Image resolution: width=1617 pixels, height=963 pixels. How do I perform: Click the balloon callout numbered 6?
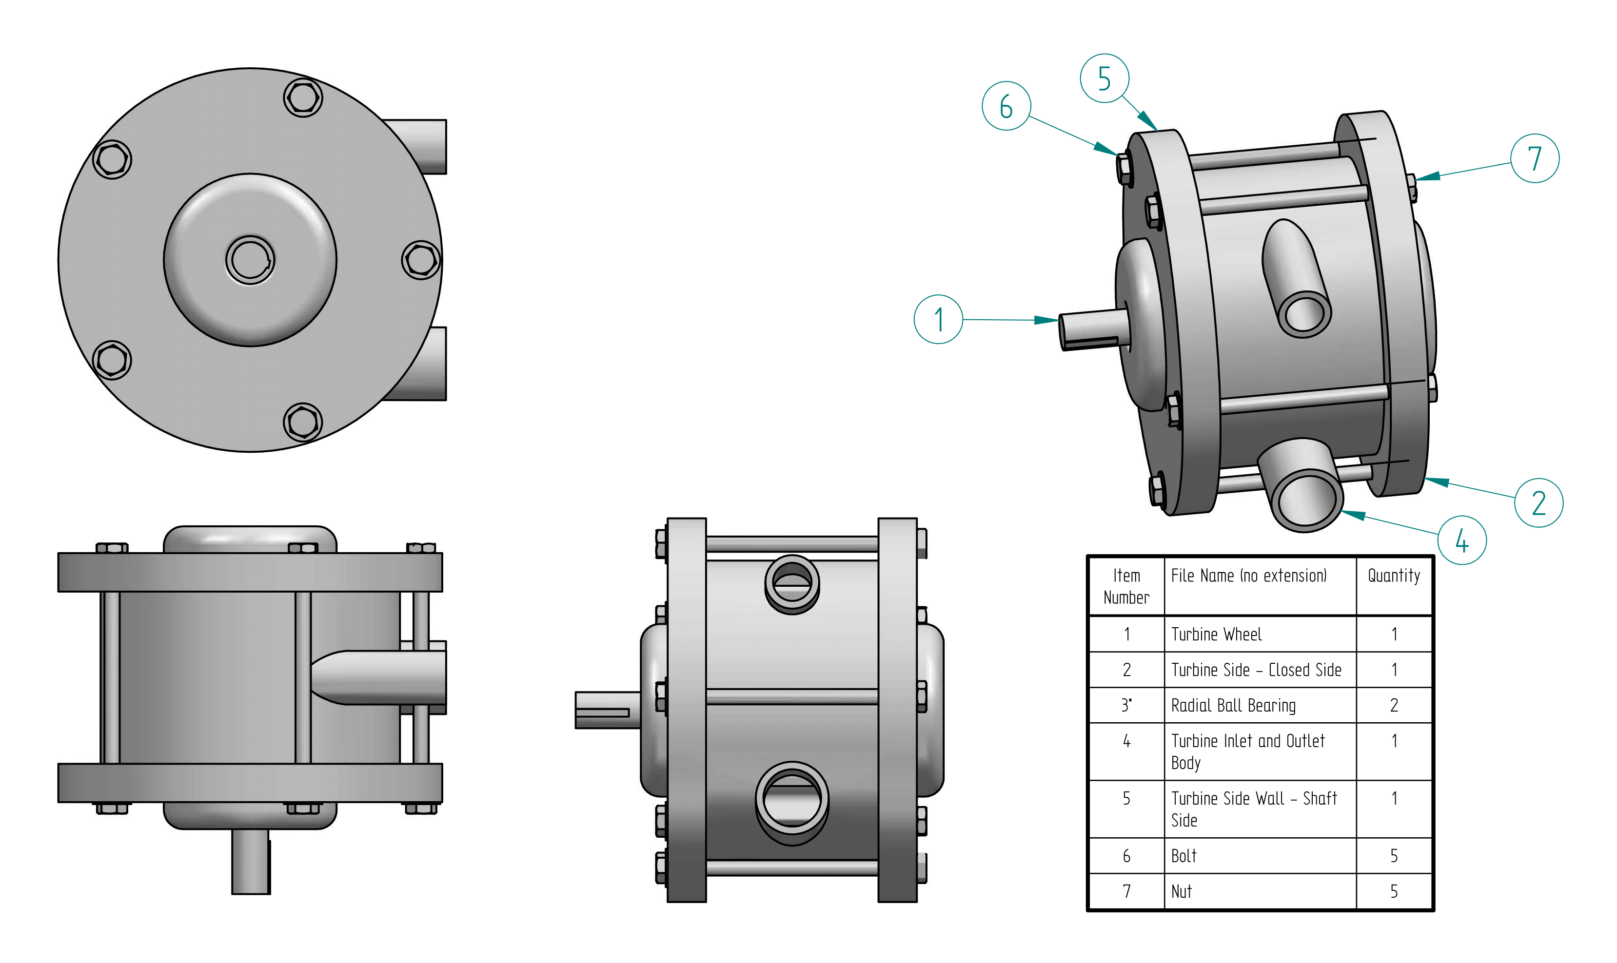pos(1006,106)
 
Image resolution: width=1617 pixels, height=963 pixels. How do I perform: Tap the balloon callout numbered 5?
pos(1104,78)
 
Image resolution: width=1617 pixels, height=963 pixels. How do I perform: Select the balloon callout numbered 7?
pos(1534,158)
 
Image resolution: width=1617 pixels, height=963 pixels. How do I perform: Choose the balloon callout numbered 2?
pos(1538,503)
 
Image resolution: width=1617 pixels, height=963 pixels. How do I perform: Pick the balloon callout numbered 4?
pos(1461,540)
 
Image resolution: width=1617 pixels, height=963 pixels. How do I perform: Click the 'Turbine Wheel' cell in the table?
pos(1260,634)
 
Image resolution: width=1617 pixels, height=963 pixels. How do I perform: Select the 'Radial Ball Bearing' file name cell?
pos(1260,705)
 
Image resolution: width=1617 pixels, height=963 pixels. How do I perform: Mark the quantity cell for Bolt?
pos(1393,856)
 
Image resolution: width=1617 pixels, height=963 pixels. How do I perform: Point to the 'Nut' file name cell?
pos(1260,892)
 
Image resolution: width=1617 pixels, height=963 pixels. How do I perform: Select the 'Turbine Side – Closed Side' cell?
pos(1260,670)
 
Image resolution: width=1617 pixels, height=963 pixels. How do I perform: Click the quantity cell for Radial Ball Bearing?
pos(1393,705)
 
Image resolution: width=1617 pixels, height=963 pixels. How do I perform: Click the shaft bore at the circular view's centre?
pos(250,260)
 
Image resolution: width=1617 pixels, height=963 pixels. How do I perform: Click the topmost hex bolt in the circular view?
pos(302,98)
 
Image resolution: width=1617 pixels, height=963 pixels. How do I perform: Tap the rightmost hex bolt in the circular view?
pos(421,260)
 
